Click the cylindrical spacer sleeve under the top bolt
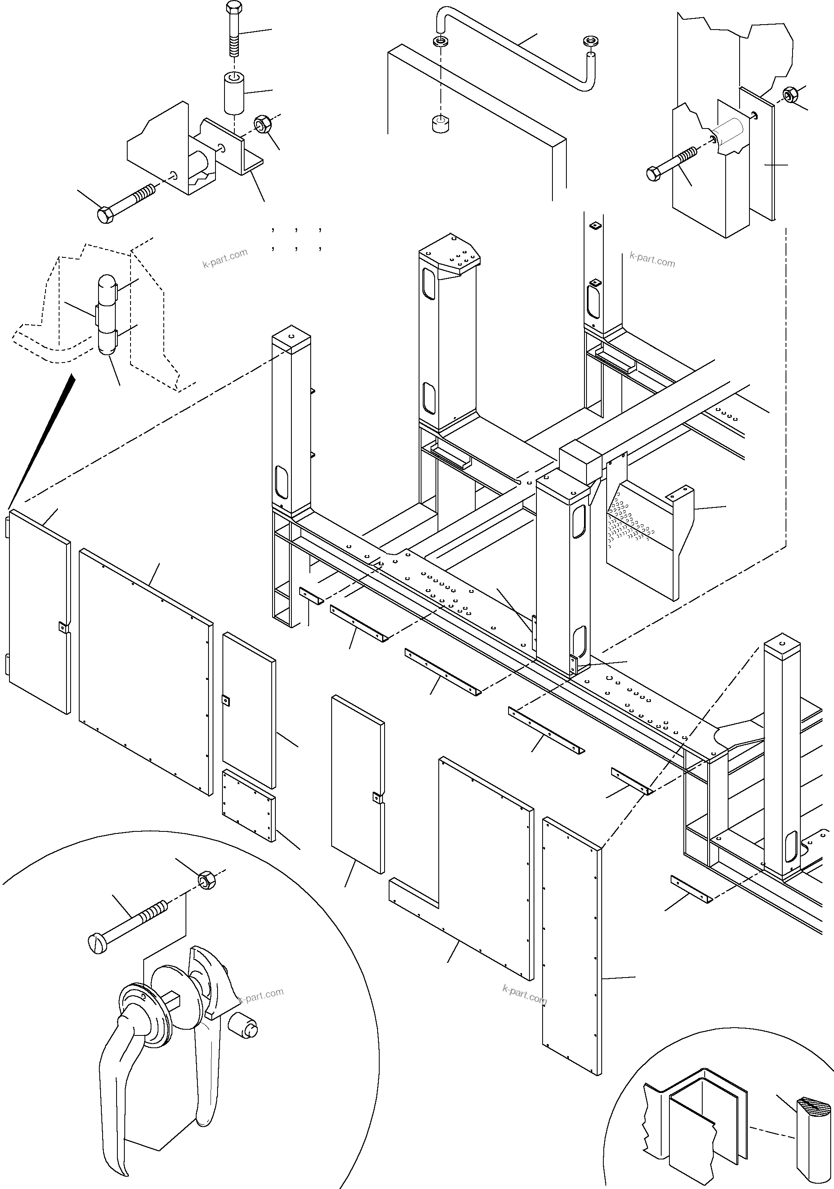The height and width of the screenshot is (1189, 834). pyautogui.click(x=234, y=94)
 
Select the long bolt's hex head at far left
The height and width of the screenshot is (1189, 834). pyautogui.click(x=105, y=214)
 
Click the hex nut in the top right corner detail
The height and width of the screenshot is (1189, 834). pyautogui.click(x=790, y=94)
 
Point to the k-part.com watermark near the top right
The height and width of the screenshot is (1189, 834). pyautogui.click(x=652, y=259)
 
